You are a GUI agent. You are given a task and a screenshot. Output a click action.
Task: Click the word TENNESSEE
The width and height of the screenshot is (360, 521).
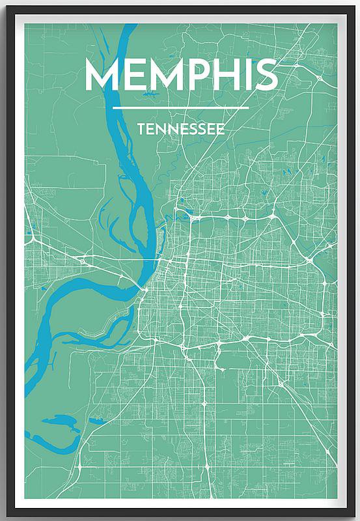181,129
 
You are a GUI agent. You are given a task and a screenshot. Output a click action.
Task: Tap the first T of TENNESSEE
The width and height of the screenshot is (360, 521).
141,129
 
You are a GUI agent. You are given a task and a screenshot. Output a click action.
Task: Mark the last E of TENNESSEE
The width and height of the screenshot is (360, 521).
221,129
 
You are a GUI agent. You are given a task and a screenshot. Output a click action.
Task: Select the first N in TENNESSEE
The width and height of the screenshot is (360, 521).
161,129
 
